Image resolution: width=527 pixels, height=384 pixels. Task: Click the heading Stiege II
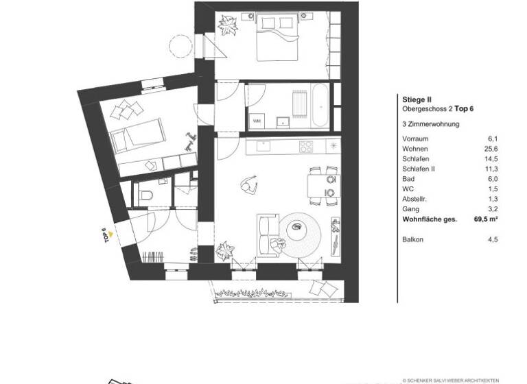click(x=416, y=99)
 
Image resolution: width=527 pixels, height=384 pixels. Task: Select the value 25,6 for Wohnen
click(x=490, y=149)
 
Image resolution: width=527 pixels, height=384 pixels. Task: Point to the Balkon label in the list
click(x=413, y=239)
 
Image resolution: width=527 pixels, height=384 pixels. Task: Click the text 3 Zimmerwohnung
click(x=431, y=124)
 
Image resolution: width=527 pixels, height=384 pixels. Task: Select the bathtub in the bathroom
click(x=320, y=106)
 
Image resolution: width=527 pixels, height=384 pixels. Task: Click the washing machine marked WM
click(x=257, y=121)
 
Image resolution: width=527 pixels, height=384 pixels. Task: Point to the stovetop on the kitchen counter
click(x=305, y=146)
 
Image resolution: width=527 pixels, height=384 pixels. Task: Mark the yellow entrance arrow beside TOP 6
click(x=110, y=232)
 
